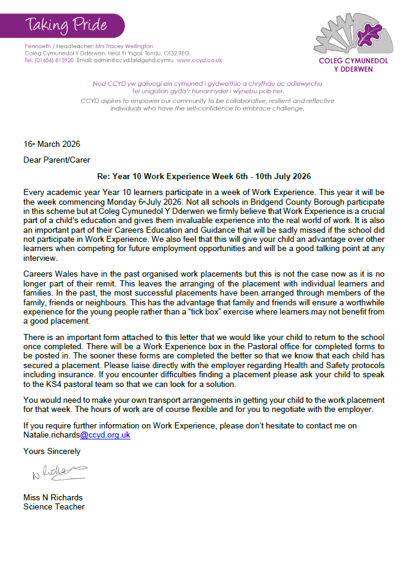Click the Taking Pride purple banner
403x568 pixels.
[x=67, y=25]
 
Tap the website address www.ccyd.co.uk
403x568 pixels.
[x=199, y=60]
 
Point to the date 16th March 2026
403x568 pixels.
[x=52, y=144]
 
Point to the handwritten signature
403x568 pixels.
[x=57, y=471]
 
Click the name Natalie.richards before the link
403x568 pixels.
[x=51, y=435]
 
